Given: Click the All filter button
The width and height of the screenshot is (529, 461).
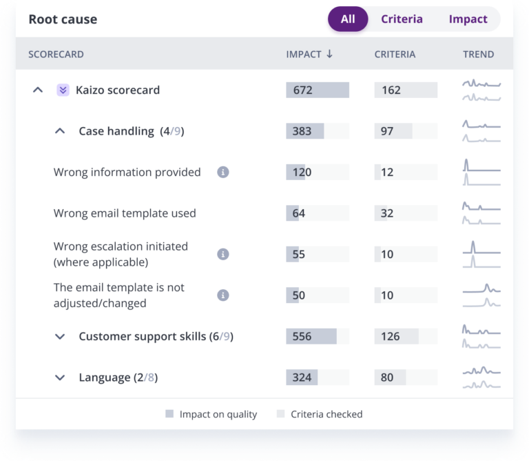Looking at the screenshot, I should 348,19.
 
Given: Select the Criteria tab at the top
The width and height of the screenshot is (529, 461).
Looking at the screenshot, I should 402,19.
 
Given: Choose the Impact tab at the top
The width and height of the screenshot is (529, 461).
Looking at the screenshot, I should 468,19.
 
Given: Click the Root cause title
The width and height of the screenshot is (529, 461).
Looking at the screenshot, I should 63,19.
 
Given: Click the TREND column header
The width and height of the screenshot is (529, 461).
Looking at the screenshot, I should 478,54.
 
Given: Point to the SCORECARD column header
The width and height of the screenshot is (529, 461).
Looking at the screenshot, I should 56,54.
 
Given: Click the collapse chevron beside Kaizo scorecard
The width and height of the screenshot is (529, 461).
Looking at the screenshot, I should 38,90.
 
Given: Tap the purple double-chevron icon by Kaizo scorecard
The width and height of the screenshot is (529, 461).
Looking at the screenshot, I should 63,90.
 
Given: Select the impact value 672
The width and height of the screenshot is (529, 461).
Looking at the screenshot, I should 302,90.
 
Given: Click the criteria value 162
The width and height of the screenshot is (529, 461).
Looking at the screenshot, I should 391,90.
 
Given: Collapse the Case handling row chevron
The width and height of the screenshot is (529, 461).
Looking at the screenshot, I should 60,131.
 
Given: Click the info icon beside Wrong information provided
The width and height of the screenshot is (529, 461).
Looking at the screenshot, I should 222,172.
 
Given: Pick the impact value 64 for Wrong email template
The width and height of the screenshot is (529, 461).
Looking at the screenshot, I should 298,213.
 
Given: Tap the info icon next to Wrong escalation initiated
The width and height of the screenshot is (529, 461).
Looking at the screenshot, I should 222,254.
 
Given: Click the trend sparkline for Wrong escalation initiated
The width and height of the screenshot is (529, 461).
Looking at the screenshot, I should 481,254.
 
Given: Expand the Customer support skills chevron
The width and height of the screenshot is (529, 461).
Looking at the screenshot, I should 60,336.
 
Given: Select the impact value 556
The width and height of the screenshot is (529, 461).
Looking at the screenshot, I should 302,336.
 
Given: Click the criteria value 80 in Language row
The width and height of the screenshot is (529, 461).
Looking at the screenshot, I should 387,377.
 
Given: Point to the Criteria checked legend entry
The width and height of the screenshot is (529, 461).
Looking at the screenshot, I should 326,414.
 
